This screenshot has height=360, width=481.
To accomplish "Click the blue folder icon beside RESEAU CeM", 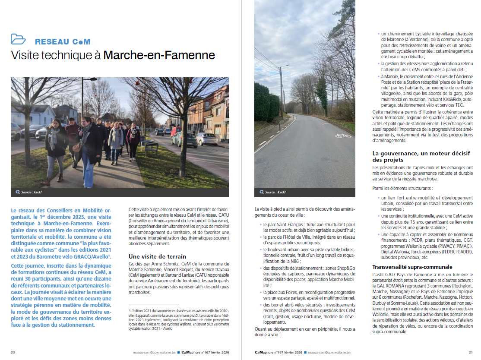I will click(x=18, y=39).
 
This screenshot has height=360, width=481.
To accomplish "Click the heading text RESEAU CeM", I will click(x=63, y=42).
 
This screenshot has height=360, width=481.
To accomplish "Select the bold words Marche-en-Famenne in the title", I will click(x=159, y=56).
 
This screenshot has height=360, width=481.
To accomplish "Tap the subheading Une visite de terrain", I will click(x=158, y=256).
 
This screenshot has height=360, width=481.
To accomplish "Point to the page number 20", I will click(x=13, y=352).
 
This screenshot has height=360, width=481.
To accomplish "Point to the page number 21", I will click(x=471, y=352).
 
